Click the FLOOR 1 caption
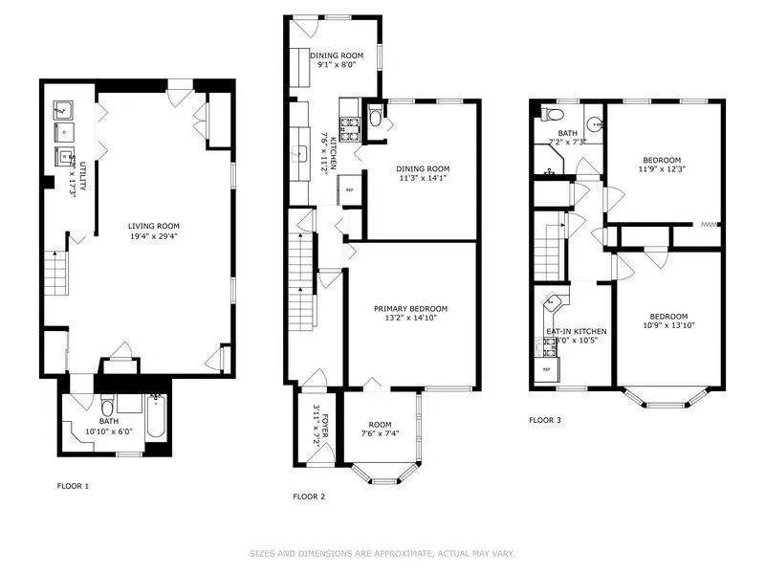pos(74,486)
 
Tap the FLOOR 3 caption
pos(547,419)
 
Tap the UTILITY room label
pos(83,176)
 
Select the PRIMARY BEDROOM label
pos(410,308)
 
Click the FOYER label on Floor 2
pos(324,424)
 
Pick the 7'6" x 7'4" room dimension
pos(380,433)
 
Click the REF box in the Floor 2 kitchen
pos(349,190)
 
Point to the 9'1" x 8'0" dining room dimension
pos(337,65)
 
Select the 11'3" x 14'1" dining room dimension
pos(423,177)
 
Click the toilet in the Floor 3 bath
pos(548,115)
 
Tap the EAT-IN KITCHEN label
pos(576,331)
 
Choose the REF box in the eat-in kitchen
pos(547,369)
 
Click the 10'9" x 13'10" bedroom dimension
pos(668,326)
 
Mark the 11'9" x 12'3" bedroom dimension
pos(662,168)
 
